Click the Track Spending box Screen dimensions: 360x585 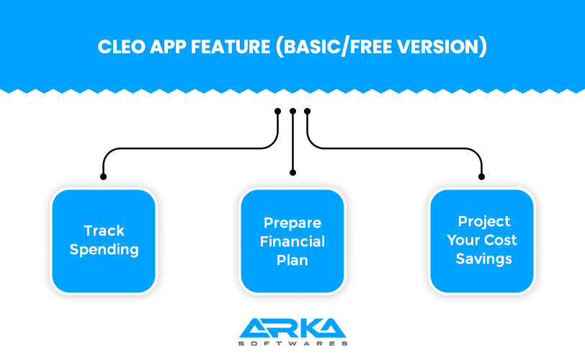coord(104,240)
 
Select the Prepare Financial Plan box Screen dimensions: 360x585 coord(292,240)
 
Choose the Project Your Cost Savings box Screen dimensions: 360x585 coord(482,240)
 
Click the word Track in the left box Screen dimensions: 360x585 coord(104,231)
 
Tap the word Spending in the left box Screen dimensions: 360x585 coord(104,250)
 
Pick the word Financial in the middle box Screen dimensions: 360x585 coord(292,241)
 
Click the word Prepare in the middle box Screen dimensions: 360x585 coord(292,222)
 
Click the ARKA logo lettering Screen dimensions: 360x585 coord(292,328)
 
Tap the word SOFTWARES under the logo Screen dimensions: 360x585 coord(292,343)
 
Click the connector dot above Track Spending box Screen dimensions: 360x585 coord(103,176)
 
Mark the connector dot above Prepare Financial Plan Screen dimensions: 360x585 coord(292,173)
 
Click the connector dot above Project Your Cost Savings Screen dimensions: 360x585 coord(482,176)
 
